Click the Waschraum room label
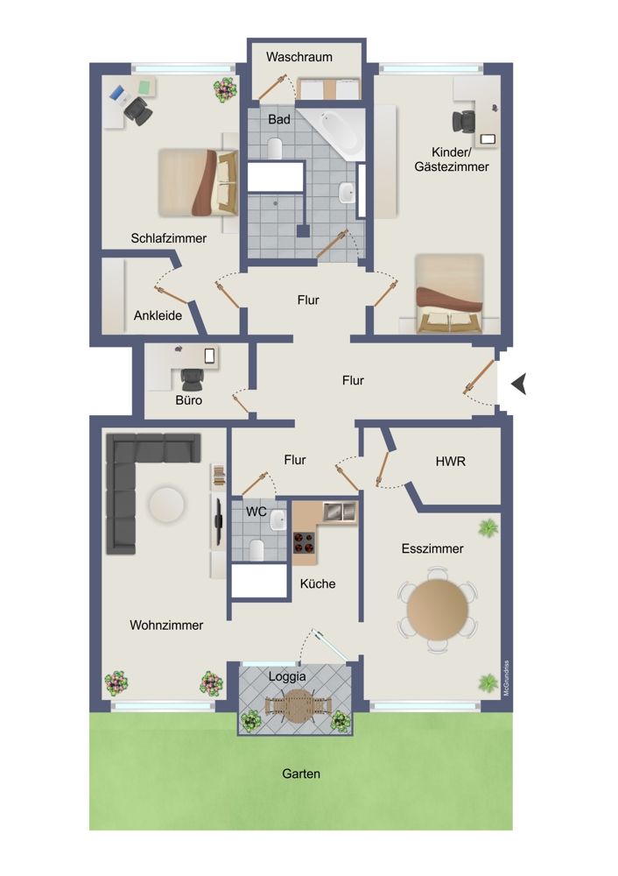pos(299,57)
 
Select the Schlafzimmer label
pos(169,237)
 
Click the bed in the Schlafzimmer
pos(199,182)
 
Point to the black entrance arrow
pos(520,383)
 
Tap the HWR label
pos(450,462)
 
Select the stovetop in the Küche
pos(303,543)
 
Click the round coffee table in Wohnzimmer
pos(165,505)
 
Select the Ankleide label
pos(158,315)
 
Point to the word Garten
pos(301,774)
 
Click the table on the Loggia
pos(299,704)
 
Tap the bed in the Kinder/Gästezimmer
pos(449,293)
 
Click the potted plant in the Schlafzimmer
pos(224,89)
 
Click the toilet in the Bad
pos(275,147)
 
